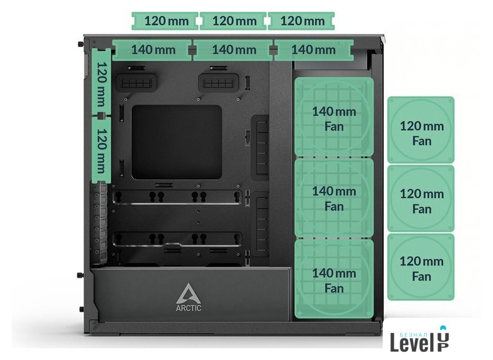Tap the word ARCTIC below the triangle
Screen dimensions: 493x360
coord(188,308)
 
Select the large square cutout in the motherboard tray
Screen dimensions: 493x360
coord(177,142)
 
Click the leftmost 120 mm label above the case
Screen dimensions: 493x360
coord(165,21)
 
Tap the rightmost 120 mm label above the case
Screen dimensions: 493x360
coord(301,21)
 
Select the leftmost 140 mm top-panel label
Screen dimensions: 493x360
coord(152,50)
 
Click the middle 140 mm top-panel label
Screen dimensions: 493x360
coord(233,50)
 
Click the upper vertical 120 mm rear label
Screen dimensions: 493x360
coord(102,82)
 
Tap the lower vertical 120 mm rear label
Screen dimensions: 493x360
coord(102,150)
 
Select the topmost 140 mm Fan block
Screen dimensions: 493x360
coord(334,117)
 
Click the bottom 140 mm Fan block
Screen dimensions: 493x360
coord(334,278)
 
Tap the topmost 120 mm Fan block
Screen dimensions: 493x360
coord(421,130)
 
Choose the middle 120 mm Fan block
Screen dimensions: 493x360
coord(421,198)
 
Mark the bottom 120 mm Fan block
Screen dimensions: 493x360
coord(421,267)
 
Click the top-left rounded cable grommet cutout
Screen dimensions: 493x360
coord(136,83)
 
